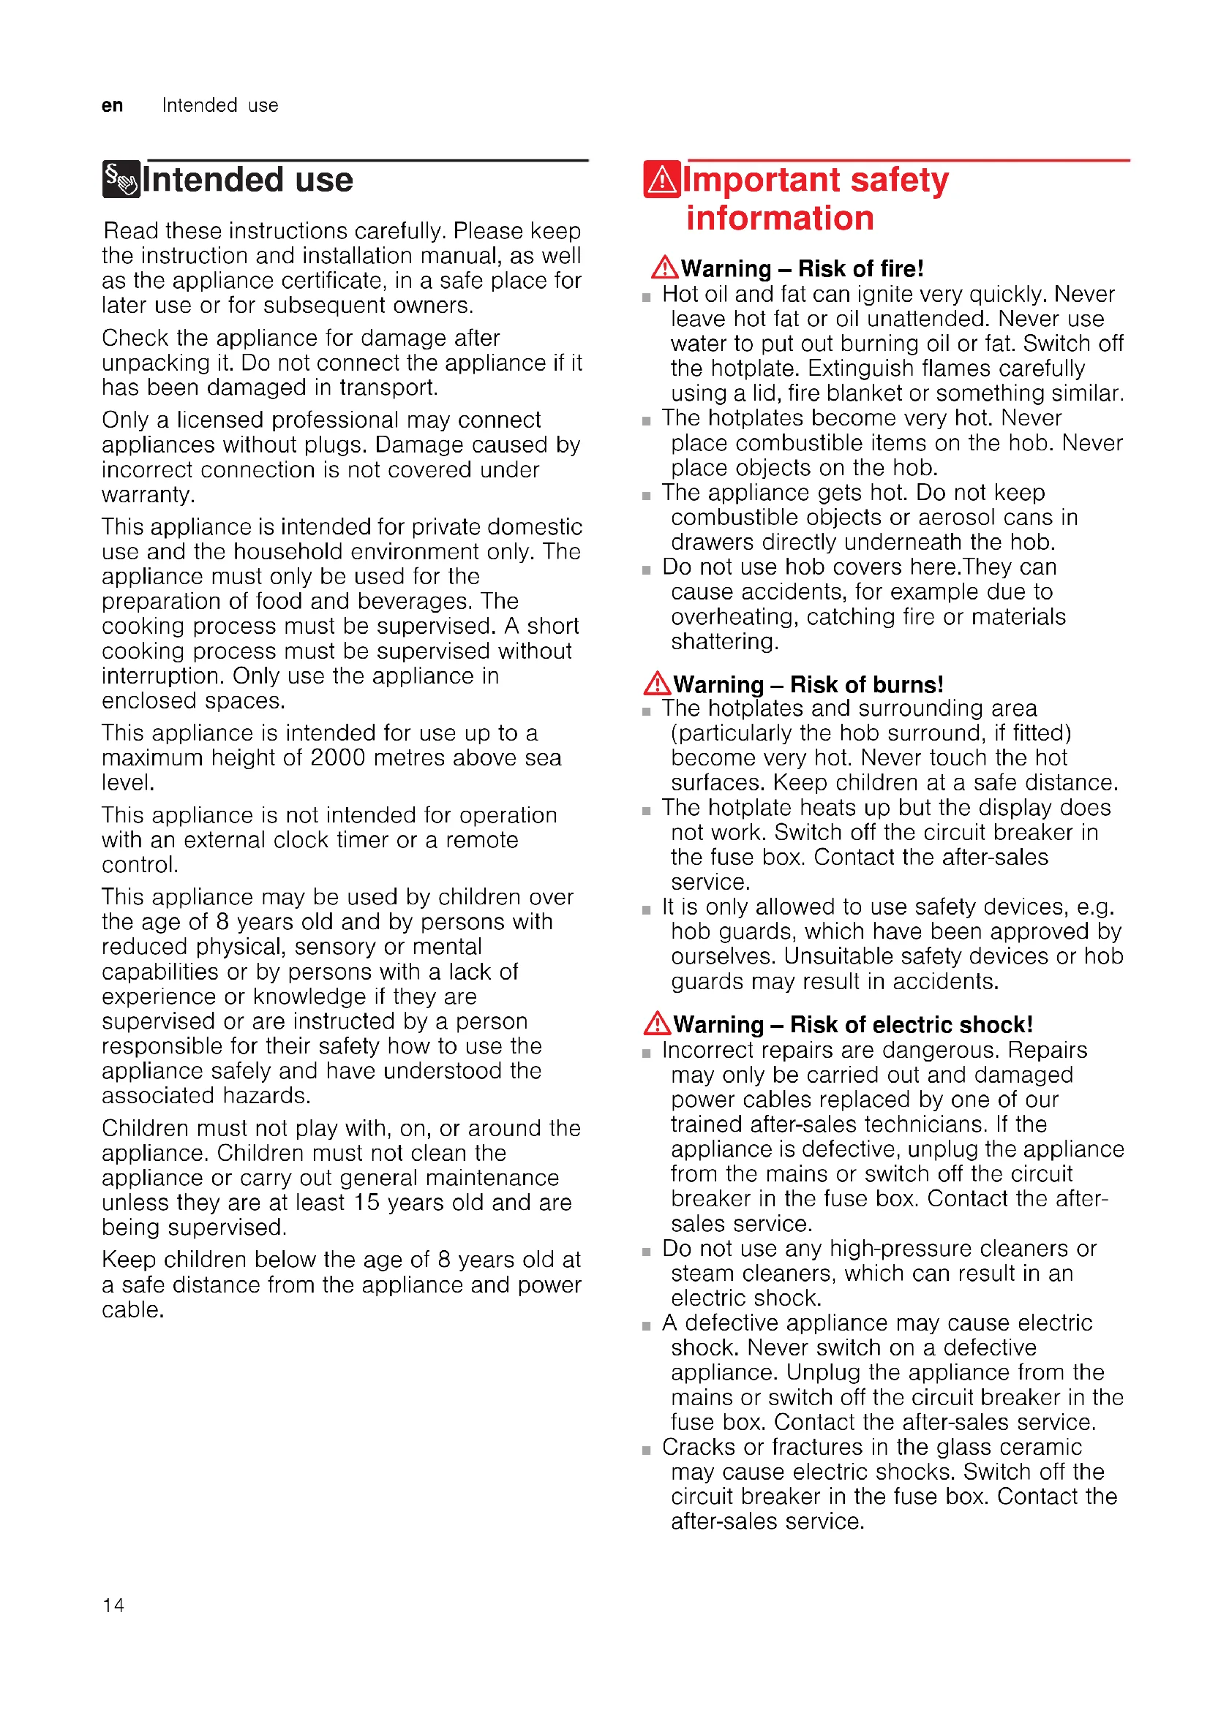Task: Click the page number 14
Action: pos(113,1605)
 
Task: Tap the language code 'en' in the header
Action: pos(113,106)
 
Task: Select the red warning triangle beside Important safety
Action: pos(661,180)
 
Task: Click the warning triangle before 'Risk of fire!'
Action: pos(664,268)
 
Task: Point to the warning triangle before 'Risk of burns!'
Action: pos(657,683)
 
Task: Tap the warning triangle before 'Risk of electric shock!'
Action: pos(657,1024)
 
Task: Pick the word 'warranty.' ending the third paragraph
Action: pos(149,494)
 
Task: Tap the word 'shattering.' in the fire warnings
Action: pos(724,641)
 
